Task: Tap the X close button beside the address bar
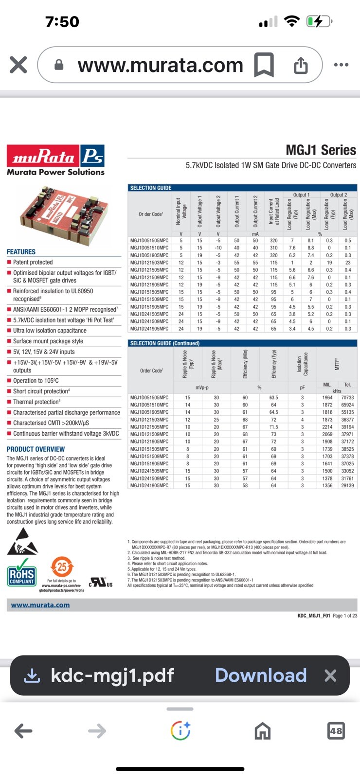(18, 65)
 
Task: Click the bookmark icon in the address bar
(264, 65)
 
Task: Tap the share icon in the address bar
(301, 65)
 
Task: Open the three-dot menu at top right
(341, 65)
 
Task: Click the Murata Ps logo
(55, 159)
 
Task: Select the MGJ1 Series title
(321, 150)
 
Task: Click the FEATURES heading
(21, 252)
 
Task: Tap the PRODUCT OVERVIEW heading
(36, 449)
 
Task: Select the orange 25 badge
(62, 567)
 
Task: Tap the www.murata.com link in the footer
(40, 605)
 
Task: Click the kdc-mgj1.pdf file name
(112, 675)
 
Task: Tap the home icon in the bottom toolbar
(262, 731)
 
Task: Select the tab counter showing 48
(336, 731)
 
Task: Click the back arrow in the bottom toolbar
(23, 731)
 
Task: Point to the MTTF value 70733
(347, 398)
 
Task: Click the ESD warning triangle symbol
(22, 542)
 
